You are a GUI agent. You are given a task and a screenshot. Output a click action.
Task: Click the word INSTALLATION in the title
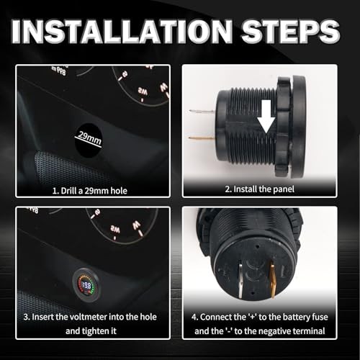click(122, 32)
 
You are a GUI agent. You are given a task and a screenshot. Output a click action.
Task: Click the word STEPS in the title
click(291, 32)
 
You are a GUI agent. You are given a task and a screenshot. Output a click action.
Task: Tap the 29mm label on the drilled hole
click(89, 138)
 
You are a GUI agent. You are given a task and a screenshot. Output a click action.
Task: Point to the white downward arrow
click(266, 117)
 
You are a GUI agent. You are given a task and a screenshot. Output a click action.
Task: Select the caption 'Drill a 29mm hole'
click(94, 191)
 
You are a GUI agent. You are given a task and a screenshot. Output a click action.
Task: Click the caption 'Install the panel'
click(264, 189)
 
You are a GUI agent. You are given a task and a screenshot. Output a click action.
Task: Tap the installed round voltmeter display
click(86, 285)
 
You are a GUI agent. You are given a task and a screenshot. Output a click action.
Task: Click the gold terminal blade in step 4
click(273, 279)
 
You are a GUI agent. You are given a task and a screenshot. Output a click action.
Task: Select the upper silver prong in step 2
click(202, 112)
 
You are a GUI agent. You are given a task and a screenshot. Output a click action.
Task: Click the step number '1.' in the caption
click(55, 191)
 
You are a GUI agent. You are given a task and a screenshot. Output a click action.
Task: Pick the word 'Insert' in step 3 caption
click(42, 317)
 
